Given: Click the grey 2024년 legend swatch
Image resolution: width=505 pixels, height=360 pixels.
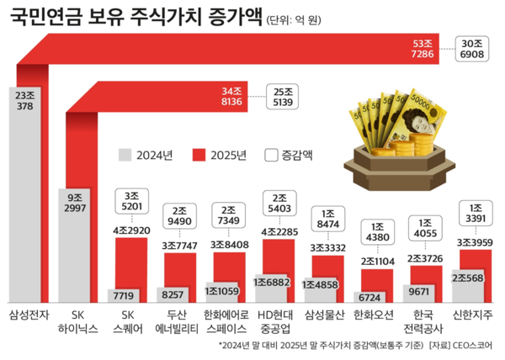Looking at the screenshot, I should click(125, 155).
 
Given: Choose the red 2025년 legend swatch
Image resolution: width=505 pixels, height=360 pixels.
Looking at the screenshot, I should click(199, 155).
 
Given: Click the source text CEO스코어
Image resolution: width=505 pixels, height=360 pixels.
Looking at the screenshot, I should click(472, 345).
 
